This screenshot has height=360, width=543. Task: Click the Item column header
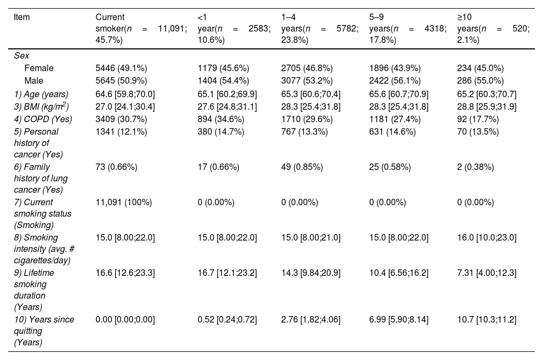pos(22,17)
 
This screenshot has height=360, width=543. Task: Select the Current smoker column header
pos(141,28)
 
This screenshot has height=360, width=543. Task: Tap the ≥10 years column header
pos(493,28)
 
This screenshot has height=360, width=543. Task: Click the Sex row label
pos(22,56)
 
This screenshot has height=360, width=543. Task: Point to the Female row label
pos(39,68)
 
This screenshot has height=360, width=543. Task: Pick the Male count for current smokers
pos(121,81)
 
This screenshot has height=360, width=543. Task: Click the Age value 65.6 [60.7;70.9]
pos(399,94)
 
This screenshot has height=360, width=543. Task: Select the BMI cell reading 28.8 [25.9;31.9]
pos(487,106)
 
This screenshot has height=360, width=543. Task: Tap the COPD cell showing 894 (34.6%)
pos(221,119)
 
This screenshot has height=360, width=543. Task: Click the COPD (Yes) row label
pos(43,119)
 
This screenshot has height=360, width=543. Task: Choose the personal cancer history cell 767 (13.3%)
pos(305,131)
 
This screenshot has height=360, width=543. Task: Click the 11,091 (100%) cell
pos(124,202)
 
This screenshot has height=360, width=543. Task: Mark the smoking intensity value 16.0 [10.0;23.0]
pos(487,237)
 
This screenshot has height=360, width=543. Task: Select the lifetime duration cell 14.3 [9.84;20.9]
pos(311,273)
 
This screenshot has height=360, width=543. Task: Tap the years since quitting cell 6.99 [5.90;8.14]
pos(399,319)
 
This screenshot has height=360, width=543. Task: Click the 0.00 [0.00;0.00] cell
pos(125,319)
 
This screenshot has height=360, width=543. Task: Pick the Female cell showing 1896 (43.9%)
pos(395,68)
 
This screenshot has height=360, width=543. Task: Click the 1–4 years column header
pos(320,28)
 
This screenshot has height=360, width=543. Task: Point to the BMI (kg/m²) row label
pos(41,106)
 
